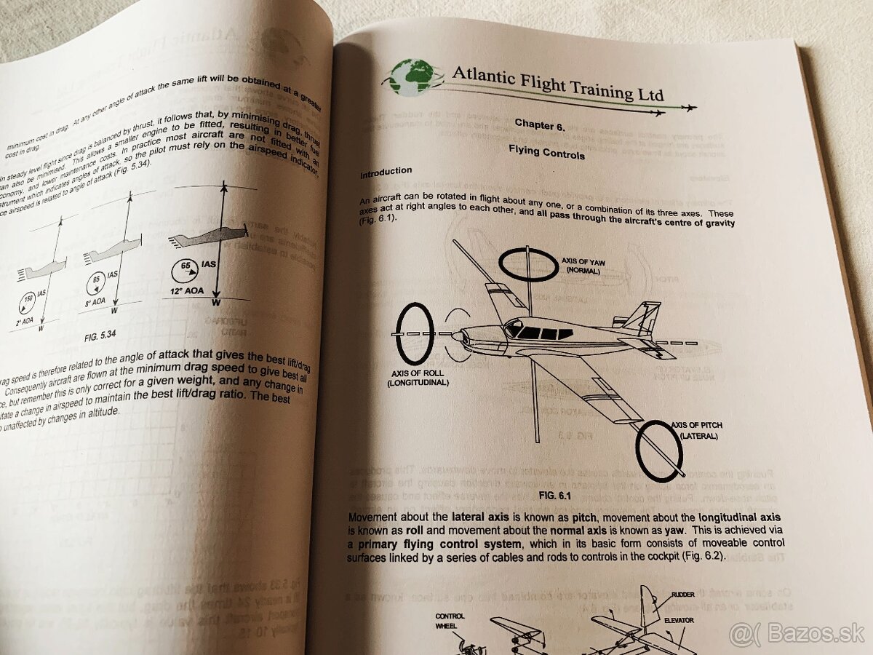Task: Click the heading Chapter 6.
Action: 539,125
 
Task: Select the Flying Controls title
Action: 546,154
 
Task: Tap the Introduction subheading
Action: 386,172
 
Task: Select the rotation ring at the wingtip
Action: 659,451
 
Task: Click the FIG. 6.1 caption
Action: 557,496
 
